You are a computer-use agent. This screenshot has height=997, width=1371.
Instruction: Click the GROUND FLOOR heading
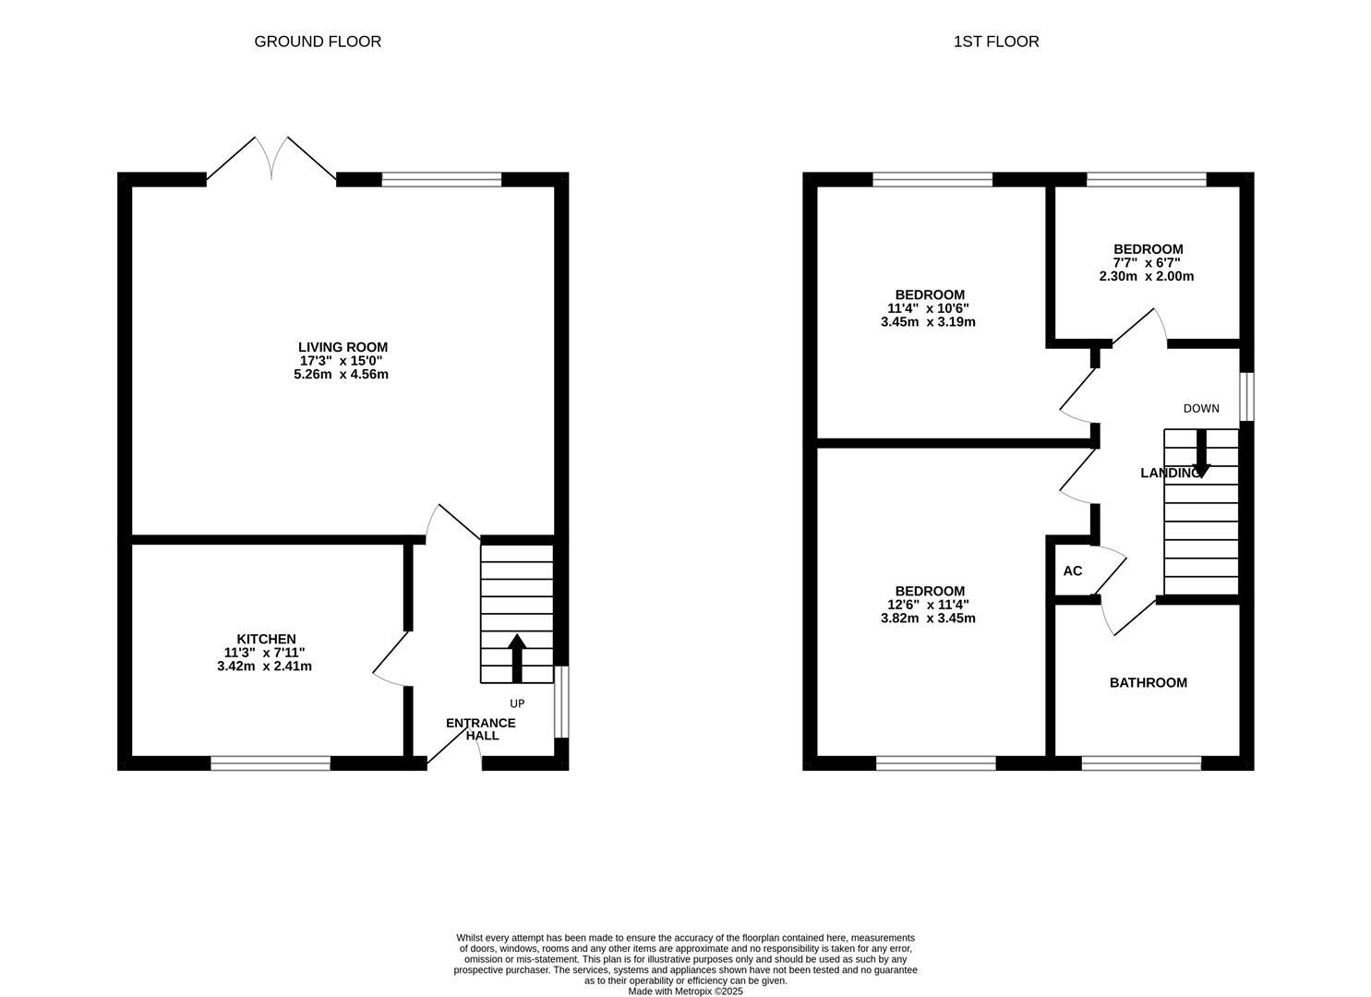click(318, 42)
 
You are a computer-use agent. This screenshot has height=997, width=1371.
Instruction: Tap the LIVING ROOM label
click(343, 347)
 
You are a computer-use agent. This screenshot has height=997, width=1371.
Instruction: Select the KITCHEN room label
click(266, 639)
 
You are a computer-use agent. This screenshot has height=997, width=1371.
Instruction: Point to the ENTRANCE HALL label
click(481, 729)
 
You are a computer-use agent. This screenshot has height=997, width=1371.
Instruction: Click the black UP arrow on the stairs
click(517, 657)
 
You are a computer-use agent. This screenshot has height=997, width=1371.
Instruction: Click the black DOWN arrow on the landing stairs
click(1201, 453)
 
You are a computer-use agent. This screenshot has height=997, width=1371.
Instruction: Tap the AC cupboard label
click(1072, 571)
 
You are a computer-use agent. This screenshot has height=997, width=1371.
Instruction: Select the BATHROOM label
click(1148, 683)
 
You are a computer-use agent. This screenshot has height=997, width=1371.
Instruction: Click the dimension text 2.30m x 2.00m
click(1146, 276)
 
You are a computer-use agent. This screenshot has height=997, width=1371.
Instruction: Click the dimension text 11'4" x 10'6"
click(928, 308)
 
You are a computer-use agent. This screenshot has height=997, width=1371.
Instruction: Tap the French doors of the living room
click(271, 162)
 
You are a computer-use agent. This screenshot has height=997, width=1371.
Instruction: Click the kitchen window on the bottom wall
click(271, 763)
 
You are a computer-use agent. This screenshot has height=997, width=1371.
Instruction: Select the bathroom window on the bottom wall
click(1141, 763)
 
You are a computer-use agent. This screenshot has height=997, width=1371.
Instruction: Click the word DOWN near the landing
click(1201, 409)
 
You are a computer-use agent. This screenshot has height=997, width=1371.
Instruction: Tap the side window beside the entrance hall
click(560, 702)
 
